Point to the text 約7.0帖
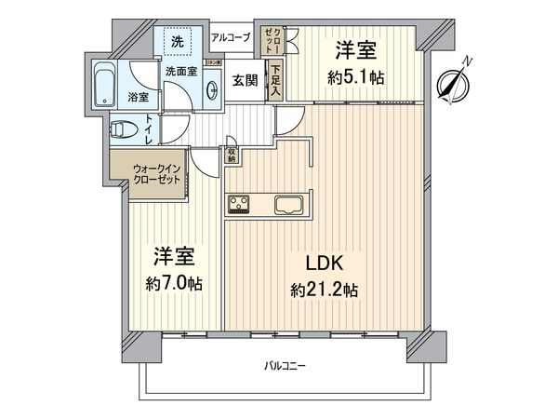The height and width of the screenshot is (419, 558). pos(173,281)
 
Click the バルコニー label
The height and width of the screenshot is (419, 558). pos(284,366)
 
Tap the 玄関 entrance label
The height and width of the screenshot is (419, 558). pos(246,80)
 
